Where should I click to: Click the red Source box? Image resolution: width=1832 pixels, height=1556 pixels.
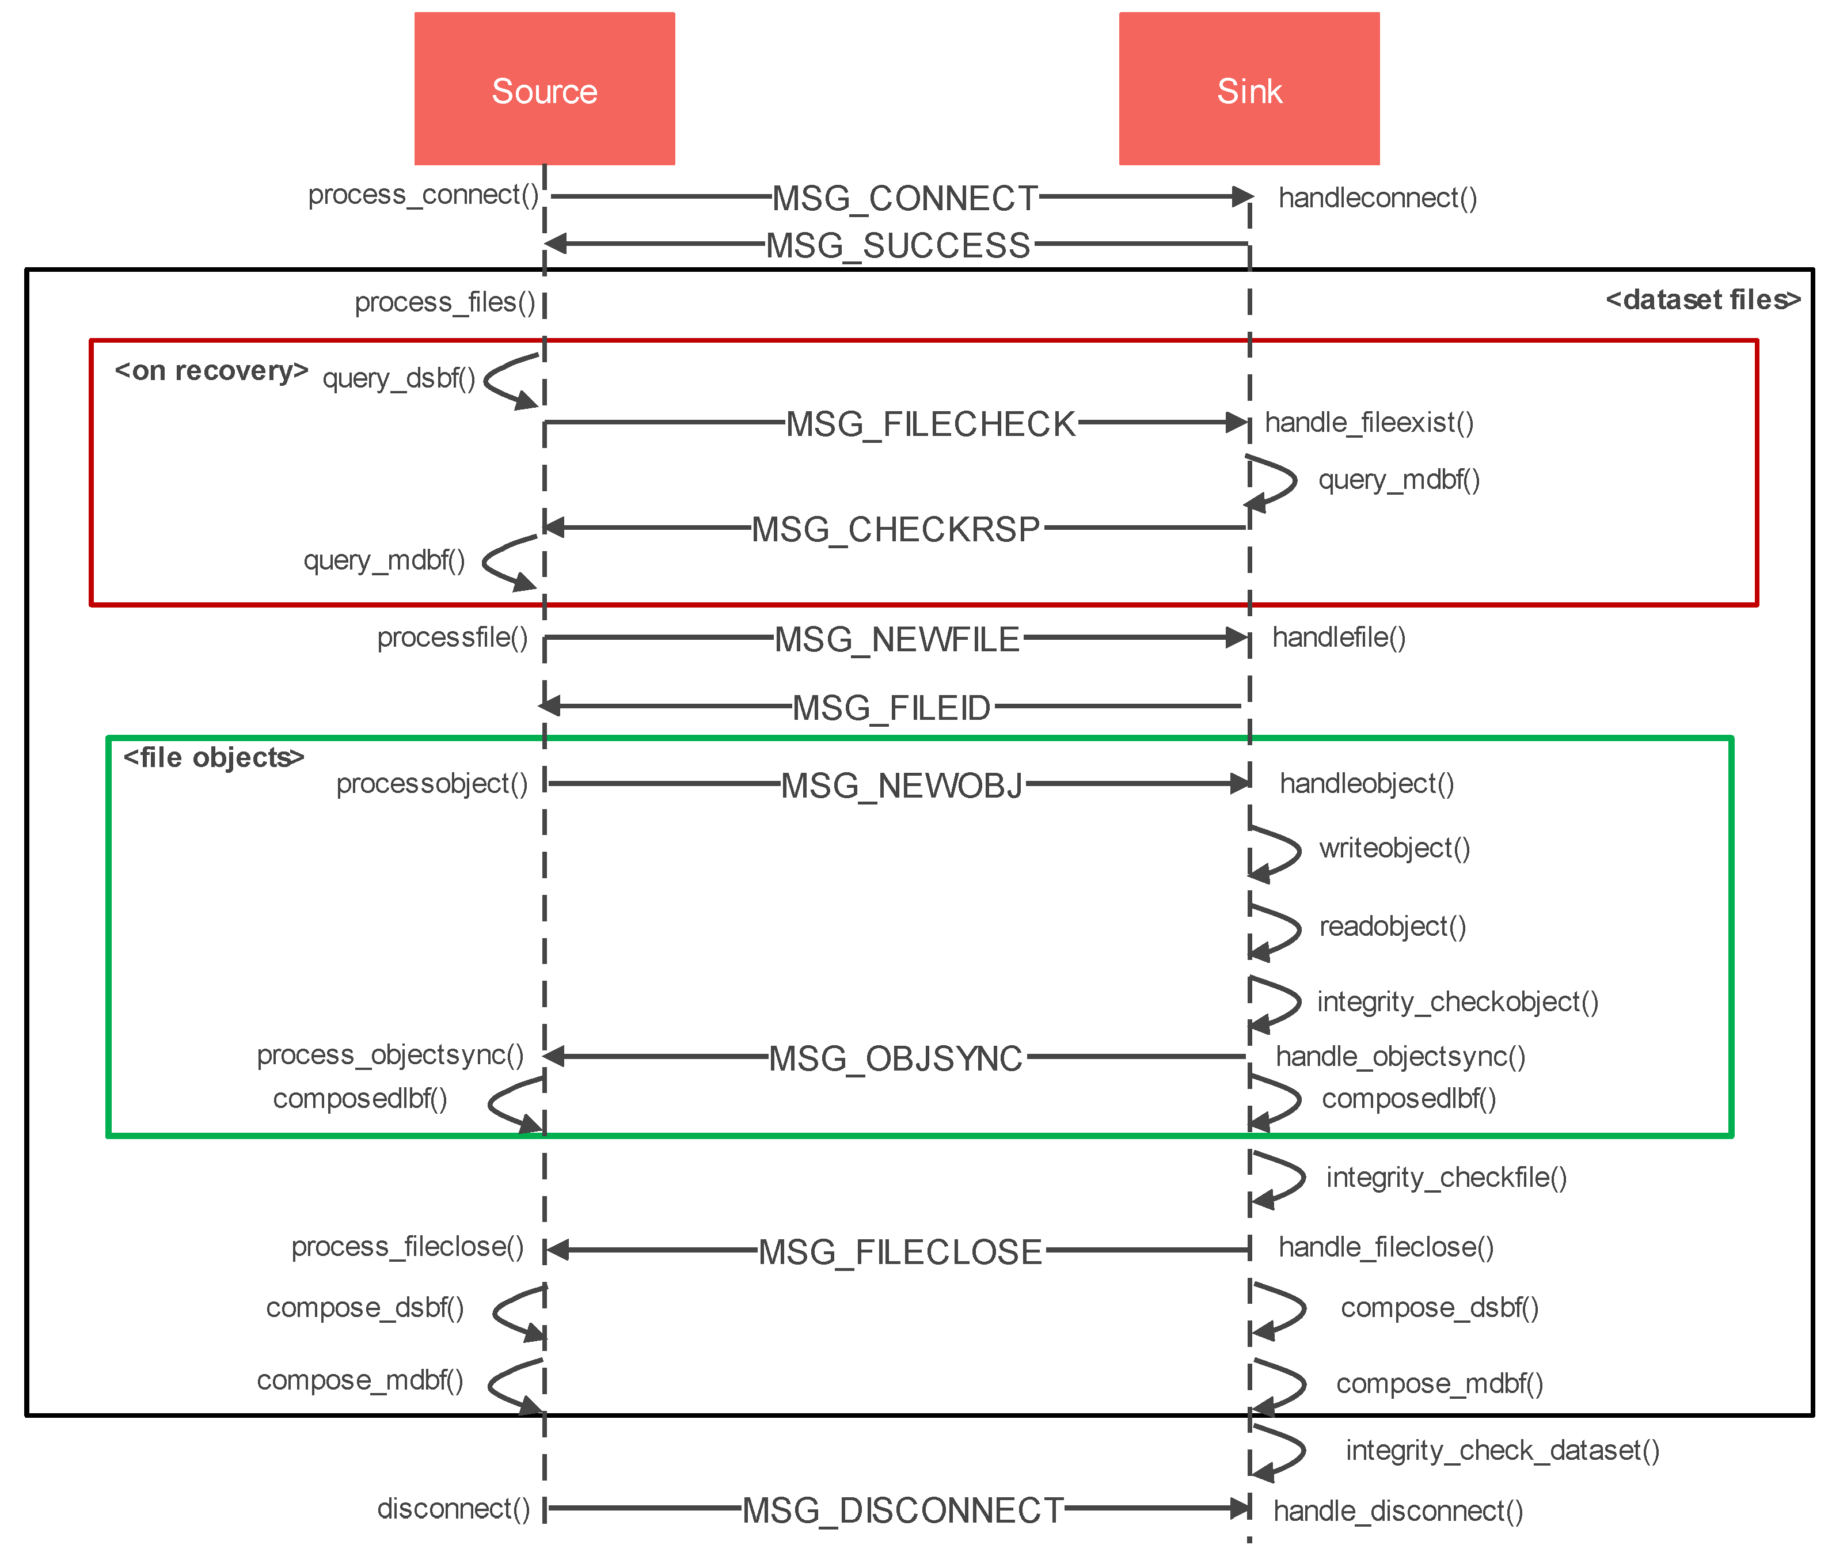click(544, 88)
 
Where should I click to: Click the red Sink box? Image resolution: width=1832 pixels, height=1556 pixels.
click(1248, 88)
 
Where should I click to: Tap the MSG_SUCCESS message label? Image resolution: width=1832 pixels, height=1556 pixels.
click(898, 245)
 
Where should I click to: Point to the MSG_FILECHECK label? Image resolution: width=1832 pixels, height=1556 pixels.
click(930, 424)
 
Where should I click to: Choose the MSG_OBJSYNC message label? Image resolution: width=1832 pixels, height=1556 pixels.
click(895, 1058)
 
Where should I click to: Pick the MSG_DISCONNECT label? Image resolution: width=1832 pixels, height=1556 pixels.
click(902, 1510)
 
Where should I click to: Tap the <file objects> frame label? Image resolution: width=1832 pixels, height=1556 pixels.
click(214, 757)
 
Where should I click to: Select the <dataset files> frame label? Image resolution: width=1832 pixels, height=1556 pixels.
click(1701, 300)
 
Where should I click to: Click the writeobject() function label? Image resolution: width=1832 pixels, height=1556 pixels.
click(1394, 848)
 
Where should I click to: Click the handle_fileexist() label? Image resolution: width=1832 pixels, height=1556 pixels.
click(1368, 423)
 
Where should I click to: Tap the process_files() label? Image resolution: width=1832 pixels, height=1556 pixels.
click(444, 302)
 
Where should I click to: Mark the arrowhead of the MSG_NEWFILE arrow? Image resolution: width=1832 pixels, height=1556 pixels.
click(1237, 637)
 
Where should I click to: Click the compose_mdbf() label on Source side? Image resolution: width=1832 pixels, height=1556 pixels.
click(359, 1380)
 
